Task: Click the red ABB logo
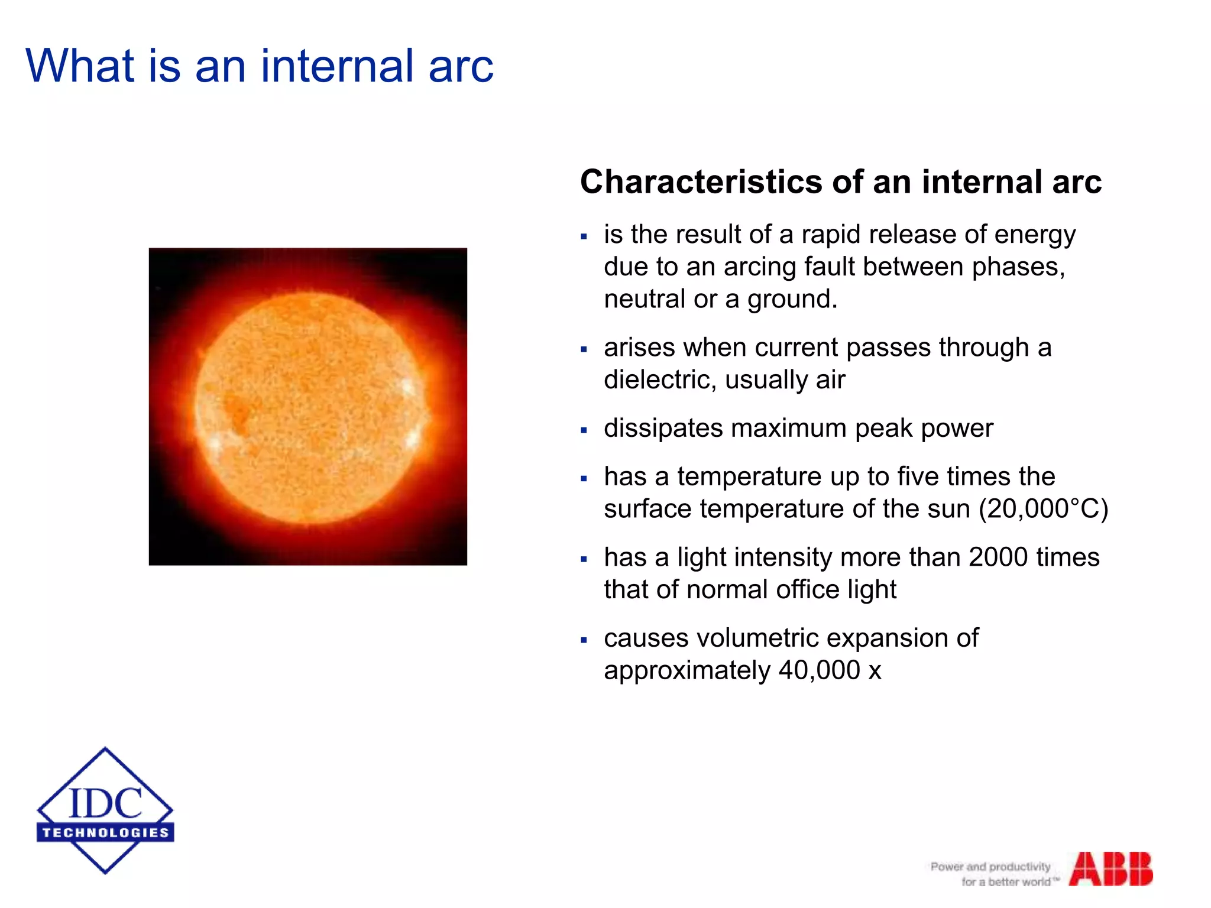click(x=1110, y=868)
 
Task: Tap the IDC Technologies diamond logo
click(x=105, y=810)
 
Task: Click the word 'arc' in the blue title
click(x=461, y=66)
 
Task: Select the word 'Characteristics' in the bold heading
click(x=701, y=181)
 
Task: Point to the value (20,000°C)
click(x=1043, y=509)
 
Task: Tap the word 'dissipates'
click(x=663, y=429)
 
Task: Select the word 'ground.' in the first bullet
click(x=792, y=300)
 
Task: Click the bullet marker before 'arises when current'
click(x=584, y=349)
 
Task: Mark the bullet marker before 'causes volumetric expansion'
click(x=584, y=640)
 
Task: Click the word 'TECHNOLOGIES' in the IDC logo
click(x=105, y=833)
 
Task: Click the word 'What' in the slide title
click(x=80, y=66)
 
